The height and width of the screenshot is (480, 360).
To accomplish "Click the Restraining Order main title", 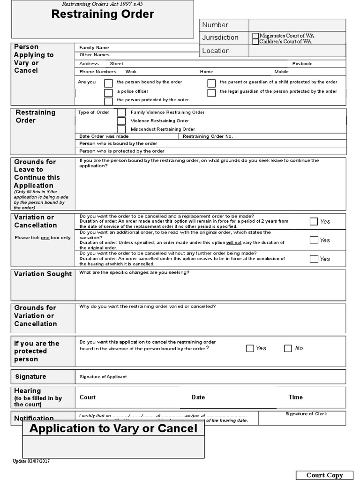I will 102,14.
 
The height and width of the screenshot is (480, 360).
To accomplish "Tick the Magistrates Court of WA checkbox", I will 255,36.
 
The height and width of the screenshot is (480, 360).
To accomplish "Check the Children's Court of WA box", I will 255,42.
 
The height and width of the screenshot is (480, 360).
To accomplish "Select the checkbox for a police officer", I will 108,92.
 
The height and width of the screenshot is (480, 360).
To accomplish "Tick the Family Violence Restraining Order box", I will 121,112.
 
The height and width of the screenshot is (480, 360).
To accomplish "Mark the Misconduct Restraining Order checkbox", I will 121,129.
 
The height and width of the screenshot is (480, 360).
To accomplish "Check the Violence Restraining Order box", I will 121,121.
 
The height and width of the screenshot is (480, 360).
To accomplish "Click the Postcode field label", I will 302,64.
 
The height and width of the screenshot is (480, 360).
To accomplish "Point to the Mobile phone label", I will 281,72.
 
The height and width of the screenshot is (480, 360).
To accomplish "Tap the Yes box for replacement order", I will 314,221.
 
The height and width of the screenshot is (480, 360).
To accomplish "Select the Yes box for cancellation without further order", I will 314,259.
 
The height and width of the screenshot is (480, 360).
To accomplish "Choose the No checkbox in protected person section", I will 288,348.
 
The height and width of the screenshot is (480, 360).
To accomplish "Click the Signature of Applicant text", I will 103,377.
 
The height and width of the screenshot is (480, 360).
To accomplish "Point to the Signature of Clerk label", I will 306,414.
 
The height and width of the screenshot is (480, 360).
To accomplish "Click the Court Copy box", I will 324,475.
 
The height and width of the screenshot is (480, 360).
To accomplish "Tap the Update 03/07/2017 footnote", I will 31,461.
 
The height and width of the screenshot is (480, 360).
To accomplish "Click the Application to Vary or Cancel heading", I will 113,428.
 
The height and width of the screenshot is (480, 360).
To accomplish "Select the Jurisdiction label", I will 220,37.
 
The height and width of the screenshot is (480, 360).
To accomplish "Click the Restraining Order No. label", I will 208,136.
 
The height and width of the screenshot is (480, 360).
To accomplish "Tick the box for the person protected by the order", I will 108,101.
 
